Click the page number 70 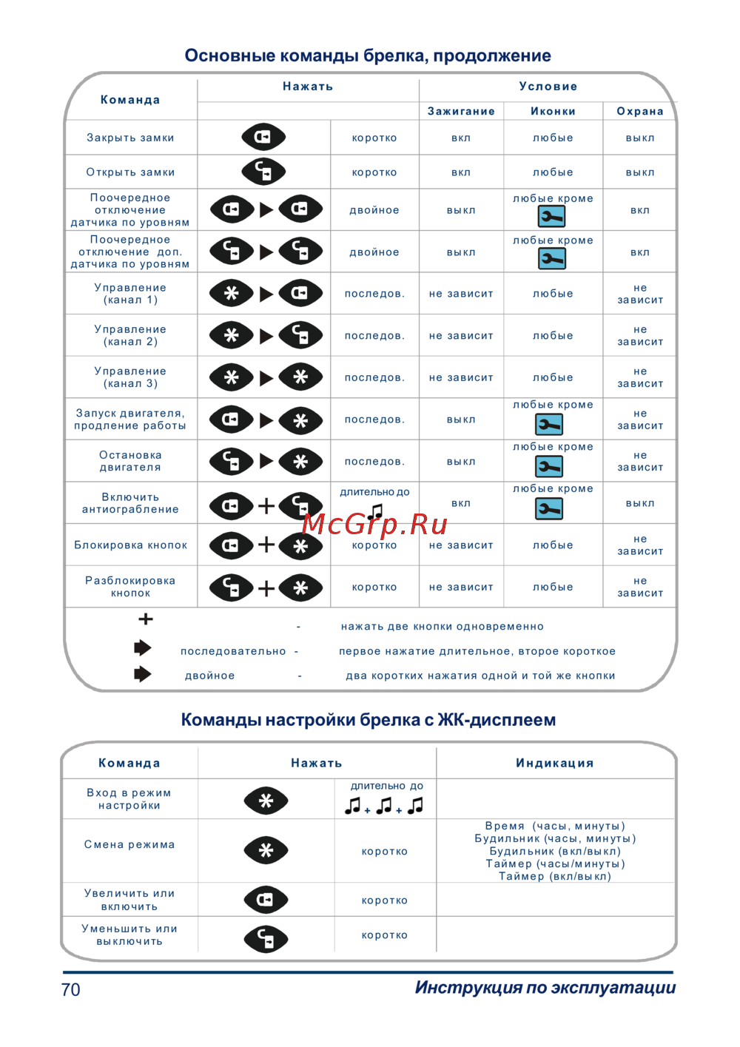[x=71, y=989]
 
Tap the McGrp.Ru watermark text [x=375, y=524]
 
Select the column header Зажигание [x=461, y=111]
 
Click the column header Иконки [x=553, y=111]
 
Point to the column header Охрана [x=640, y=111]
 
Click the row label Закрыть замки [x=130, y=138]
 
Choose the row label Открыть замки [x=130, y=172]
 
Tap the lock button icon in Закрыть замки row [x=263, y=137]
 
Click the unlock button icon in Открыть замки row [x=263, y=172]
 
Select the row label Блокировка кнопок [x=130, y=545]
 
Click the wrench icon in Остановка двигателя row [x=549, y=466]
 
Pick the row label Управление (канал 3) [x=130, y=377]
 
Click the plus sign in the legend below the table [x=146, y=619]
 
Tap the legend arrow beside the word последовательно [x=142, y=648]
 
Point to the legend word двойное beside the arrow [x=209, y=676]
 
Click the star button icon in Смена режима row [x=266, y=850]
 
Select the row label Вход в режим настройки [x=129, y=799]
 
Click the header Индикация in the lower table [x=555, y=763]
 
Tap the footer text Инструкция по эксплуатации [x=545, y=988]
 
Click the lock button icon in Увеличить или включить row [x=266, y=900]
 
